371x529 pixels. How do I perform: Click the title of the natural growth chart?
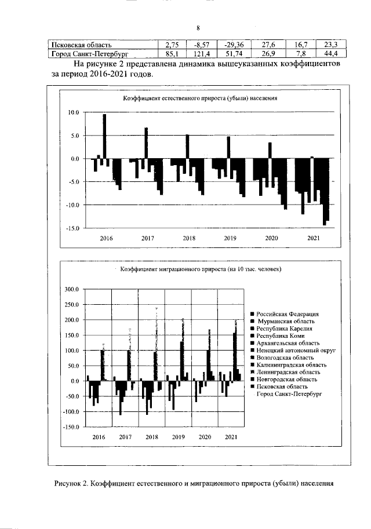(199, 98)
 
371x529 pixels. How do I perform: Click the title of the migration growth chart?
(200, 269)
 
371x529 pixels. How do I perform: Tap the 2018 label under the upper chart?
(189, 238)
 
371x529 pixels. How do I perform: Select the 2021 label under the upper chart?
(313, 238)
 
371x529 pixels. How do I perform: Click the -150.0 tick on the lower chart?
(70, 427)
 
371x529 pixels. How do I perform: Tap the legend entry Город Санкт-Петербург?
(289, 394)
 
